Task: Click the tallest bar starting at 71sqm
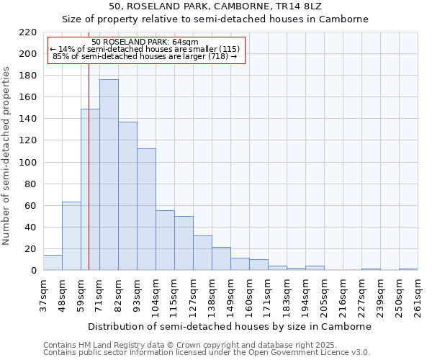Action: pos(109,175)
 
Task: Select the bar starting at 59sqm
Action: pos(90,189)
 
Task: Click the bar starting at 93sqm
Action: pos(146,210)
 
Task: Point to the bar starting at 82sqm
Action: pos(127,196)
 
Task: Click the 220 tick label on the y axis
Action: pos(27,32)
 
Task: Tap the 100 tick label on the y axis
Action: pos(27,163)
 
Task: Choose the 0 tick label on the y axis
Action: pos(33,271)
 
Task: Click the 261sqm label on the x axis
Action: pos(418,296)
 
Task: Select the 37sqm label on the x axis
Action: pos(43,296)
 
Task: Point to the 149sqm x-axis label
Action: pos(230,296)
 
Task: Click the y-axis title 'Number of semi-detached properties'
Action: pos(7,156)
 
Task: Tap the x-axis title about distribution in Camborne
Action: pos(230,326)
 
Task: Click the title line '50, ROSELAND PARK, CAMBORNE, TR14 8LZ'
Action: pos(215,6)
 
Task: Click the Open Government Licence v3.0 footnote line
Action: pos(206,353)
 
